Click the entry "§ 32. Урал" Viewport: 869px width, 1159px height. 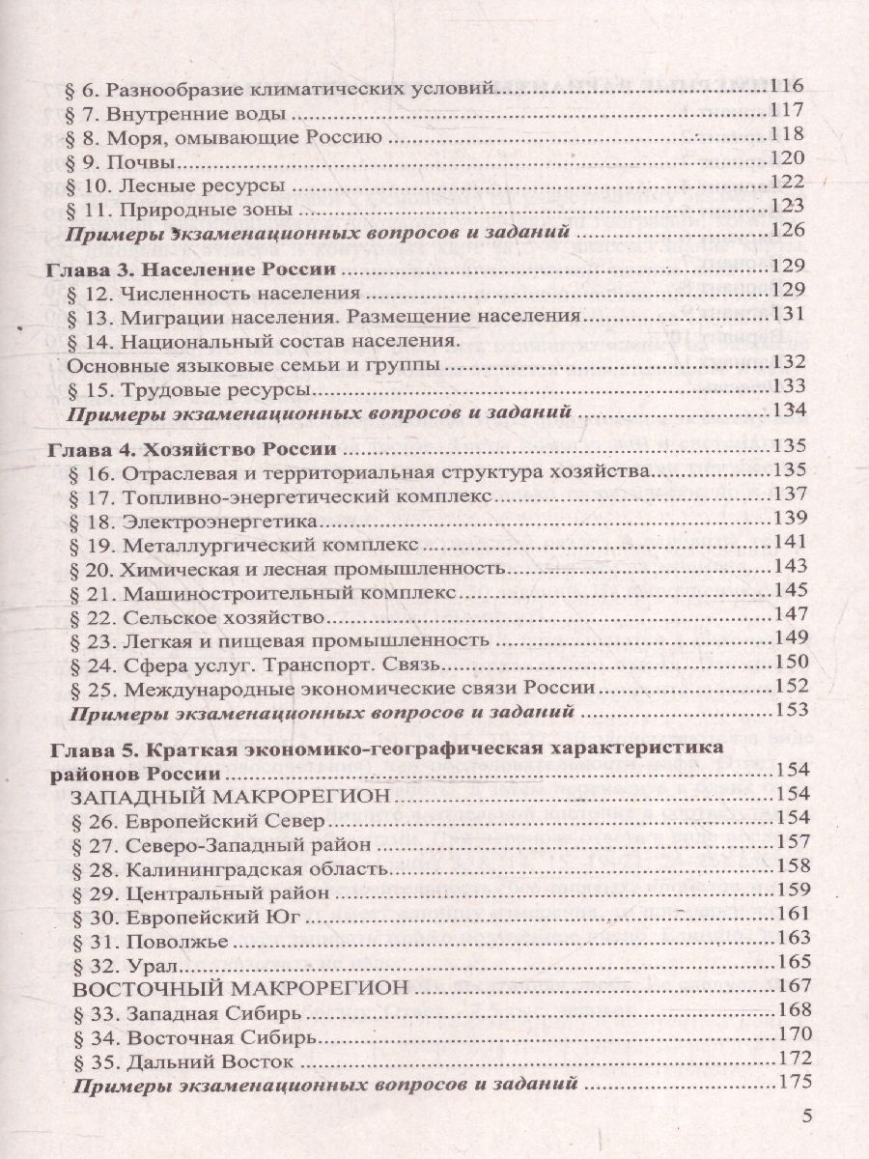coord(124,963)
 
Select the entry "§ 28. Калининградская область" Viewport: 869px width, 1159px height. coord(231,866)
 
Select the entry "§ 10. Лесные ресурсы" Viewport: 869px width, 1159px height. coord(181,184)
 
